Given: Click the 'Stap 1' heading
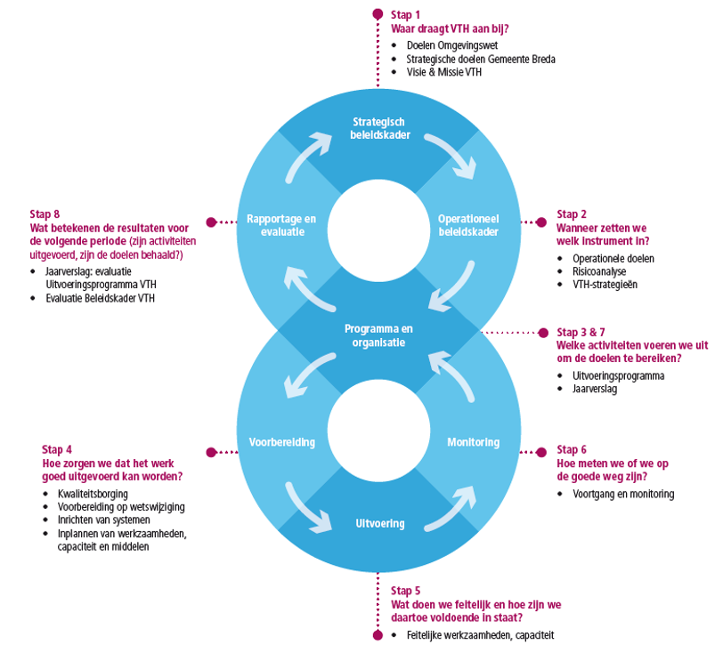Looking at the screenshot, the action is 405,15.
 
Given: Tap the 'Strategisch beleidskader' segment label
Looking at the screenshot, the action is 380,129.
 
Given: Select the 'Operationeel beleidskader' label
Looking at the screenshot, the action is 468,225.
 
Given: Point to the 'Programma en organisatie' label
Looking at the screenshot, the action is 378,335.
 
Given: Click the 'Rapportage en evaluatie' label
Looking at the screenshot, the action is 281,225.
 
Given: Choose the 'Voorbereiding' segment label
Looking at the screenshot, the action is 282,442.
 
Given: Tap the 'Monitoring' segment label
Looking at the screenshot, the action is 474,442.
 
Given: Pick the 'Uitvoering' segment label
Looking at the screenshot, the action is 380,523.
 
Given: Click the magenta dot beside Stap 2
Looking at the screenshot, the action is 541,222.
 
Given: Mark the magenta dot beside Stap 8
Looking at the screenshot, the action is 212,222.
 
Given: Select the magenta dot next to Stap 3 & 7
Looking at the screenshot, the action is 544,332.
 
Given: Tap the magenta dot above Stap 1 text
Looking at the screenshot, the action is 378,14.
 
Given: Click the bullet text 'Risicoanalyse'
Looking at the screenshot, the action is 599,271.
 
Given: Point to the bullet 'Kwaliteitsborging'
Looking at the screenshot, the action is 93,494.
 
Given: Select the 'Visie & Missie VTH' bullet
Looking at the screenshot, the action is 444,72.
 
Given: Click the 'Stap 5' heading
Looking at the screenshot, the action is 406,591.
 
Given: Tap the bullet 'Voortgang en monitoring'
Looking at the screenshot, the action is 623,494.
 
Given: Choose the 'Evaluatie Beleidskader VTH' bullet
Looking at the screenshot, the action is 100,298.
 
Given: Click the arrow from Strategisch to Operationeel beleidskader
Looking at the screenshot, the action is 453,152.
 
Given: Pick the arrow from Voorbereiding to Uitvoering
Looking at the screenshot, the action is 305,509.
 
